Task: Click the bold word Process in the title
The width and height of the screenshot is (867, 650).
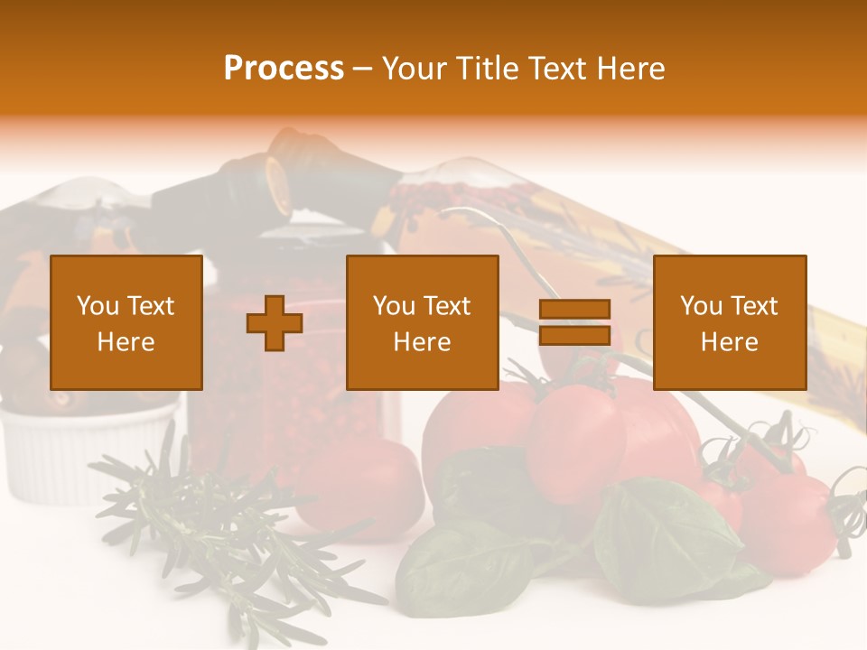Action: pos(284,69)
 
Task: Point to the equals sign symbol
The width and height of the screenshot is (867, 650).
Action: pos(574,323)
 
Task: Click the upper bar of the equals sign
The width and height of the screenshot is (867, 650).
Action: pos(574,310)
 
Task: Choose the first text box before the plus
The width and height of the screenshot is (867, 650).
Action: pos(126,323)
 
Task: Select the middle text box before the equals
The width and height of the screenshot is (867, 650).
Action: pos(422,323)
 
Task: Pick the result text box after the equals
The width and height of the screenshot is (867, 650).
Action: pos(729,323)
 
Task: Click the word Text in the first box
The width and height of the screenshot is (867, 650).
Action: pos(149,306)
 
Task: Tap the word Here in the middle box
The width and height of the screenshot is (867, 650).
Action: pos(422,342)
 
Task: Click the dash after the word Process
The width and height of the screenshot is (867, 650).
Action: pos(363,69)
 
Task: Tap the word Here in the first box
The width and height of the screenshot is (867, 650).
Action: pos(126,342)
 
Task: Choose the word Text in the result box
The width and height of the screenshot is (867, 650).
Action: pos(753,306)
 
